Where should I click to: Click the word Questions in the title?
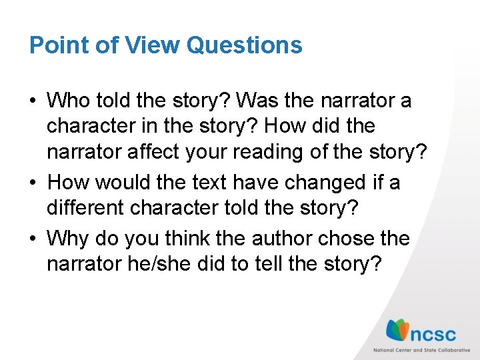[245, 45]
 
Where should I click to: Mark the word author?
[282, 238]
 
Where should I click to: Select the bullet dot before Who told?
[33, 102]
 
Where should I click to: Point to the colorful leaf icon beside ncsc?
[399, 329]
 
